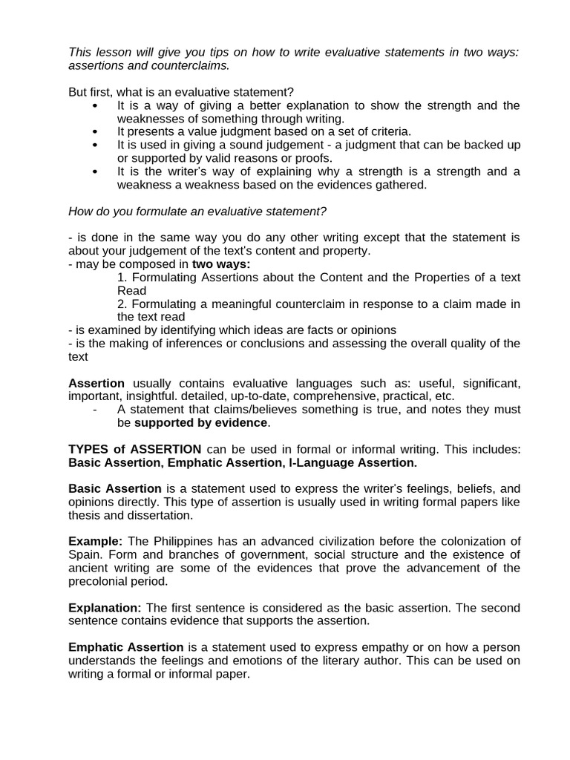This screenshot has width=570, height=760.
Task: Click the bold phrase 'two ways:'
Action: coord(221,264)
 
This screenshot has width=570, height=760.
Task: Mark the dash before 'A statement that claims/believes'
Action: coord(96,410)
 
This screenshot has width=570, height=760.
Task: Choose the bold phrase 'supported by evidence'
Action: coord(200,423)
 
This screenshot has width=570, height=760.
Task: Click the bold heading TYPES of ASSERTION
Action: coord(134,450)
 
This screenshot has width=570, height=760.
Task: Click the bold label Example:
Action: coord(95,542)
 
